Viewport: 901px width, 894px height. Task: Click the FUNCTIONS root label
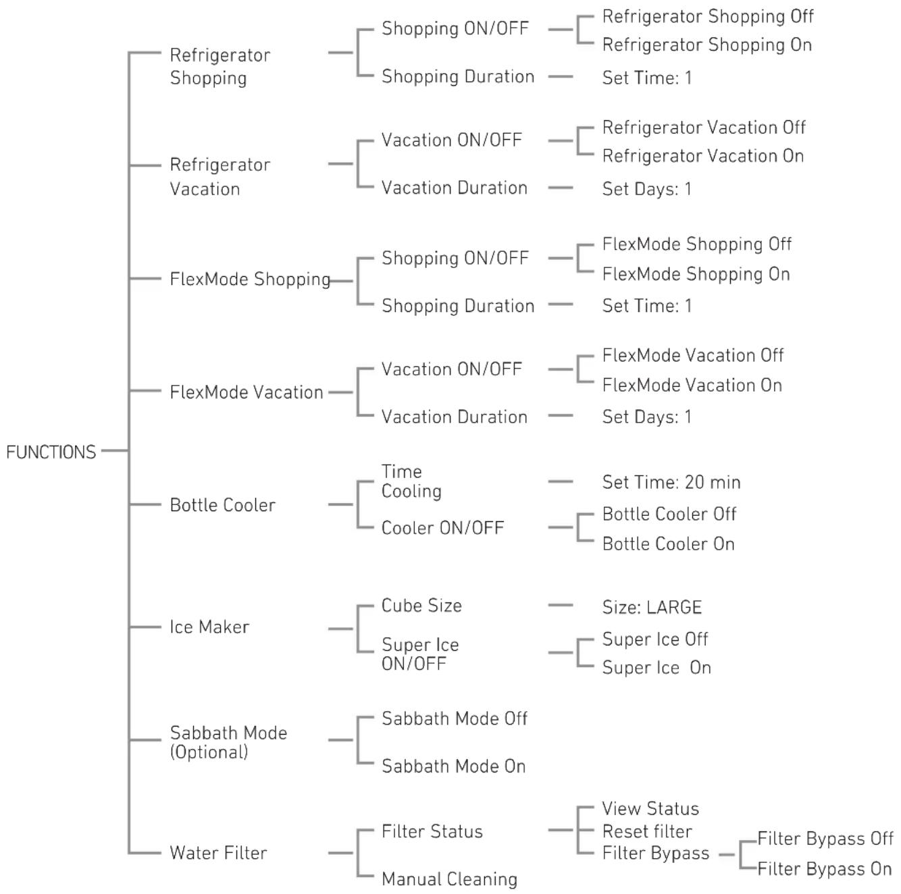tap(51, 452)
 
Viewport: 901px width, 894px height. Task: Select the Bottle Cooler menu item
tap(223, 505)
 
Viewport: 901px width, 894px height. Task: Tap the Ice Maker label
tap(209, 627)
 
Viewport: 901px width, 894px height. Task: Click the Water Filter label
tap(218, 853)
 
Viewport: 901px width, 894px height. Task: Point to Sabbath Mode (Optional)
tap(229, 743)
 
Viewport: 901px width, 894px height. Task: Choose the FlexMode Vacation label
tap(247, 392)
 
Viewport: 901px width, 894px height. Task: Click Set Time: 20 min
tap(671, 482)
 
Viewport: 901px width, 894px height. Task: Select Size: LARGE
tap(652, 608)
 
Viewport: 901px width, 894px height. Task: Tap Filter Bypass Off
tap(826, 839)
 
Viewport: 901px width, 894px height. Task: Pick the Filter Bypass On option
tap(825, 869)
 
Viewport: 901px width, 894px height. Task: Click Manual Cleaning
tap(449, 880)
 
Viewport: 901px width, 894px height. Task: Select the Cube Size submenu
tap(421, 606)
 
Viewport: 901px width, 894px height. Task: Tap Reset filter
tap(647, 831)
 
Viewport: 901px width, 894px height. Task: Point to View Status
tap(650, 808)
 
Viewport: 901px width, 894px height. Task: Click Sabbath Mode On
tap(453, 766)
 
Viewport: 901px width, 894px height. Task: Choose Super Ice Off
tap(655, 639)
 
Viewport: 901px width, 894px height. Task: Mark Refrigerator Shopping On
tap(707, 45)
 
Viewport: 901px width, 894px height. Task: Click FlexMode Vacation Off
tap(693, 355)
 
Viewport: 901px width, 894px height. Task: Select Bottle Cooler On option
tap(669, 544)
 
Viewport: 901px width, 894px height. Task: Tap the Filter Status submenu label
tap(432, 831)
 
